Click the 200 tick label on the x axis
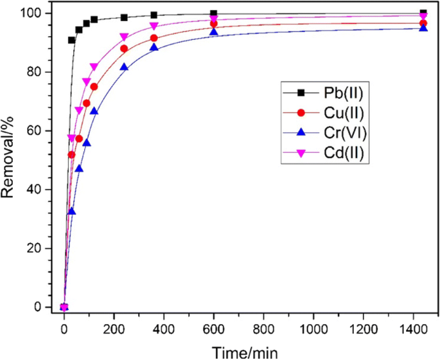(114, 327)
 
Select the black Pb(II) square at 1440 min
(423, 14)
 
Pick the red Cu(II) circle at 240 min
(124, 49)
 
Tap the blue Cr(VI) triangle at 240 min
(124, 67)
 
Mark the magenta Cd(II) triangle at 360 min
(154, 26)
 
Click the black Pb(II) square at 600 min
(214, 14)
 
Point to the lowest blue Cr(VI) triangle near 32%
(72, 211)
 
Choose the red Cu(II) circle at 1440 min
(423, 23)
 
